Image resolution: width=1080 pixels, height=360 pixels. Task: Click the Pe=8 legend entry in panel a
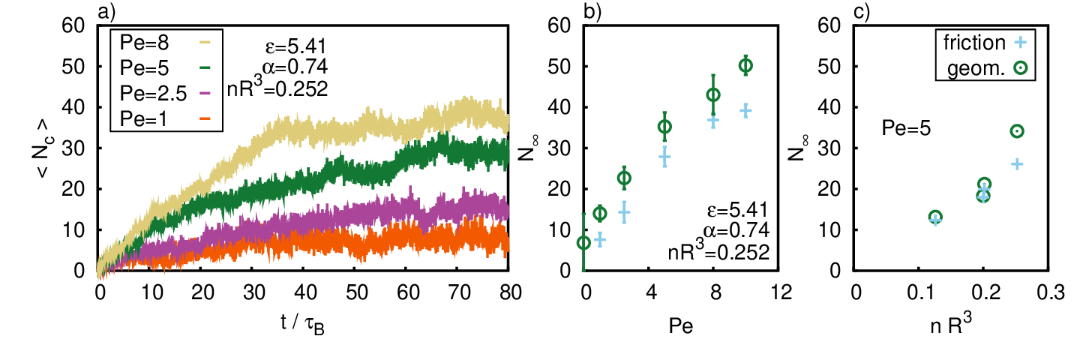(x=165, y=43)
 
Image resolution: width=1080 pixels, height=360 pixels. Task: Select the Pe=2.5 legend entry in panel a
(x=165, y=93)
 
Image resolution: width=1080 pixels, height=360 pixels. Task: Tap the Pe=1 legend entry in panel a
(x=165, y=118)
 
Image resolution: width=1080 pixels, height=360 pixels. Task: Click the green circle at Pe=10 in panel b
(x=745, y=65)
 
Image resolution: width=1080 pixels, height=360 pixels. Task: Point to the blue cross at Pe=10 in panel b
(x=745, y=111)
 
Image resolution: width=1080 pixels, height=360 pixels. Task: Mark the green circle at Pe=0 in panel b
(x=583, y=243)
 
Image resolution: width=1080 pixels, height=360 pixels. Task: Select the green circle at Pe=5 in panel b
(x=664, y=127)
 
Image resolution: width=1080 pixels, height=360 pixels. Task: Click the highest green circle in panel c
(x=1016, y=131)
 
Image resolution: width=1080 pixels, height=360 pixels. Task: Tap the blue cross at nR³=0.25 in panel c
(x=1016, y=164)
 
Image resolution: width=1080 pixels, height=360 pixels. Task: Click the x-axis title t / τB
(x=303, y=323)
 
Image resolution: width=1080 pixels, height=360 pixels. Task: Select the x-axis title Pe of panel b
(x=681, y=326)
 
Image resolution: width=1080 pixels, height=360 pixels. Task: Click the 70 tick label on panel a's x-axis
(x=460, y=292)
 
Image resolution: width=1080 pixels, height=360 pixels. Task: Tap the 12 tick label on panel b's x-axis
(x=781, y=292)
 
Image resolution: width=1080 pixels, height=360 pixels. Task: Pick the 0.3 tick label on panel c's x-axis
(x=1050, y=292)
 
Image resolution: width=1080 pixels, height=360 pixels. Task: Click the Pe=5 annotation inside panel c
(x=906, y=128)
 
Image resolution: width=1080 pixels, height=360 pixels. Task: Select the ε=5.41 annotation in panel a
(x=295, y=46)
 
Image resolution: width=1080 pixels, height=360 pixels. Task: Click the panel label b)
(x=592, y=11)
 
